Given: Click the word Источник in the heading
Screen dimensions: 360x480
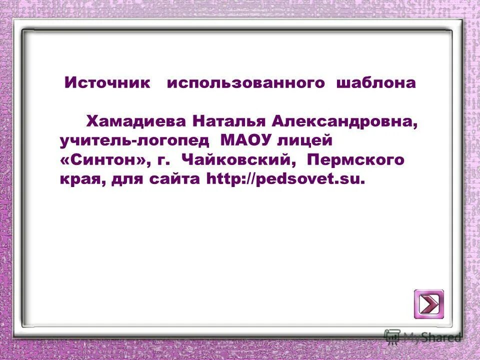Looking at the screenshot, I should tap(107, 83).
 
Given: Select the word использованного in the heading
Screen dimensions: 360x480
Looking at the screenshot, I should tap(245, 83).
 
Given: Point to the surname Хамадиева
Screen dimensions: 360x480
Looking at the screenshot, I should tap(136, 121).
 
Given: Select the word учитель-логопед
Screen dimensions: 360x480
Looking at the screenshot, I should tap(134, 141).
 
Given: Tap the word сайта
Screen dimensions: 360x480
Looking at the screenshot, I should tap(175, 179).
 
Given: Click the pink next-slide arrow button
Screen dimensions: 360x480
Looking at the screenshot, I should tap(428, 303).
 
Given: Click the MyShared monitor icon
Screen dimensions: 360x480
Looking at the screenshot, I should tap(392, 336).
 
